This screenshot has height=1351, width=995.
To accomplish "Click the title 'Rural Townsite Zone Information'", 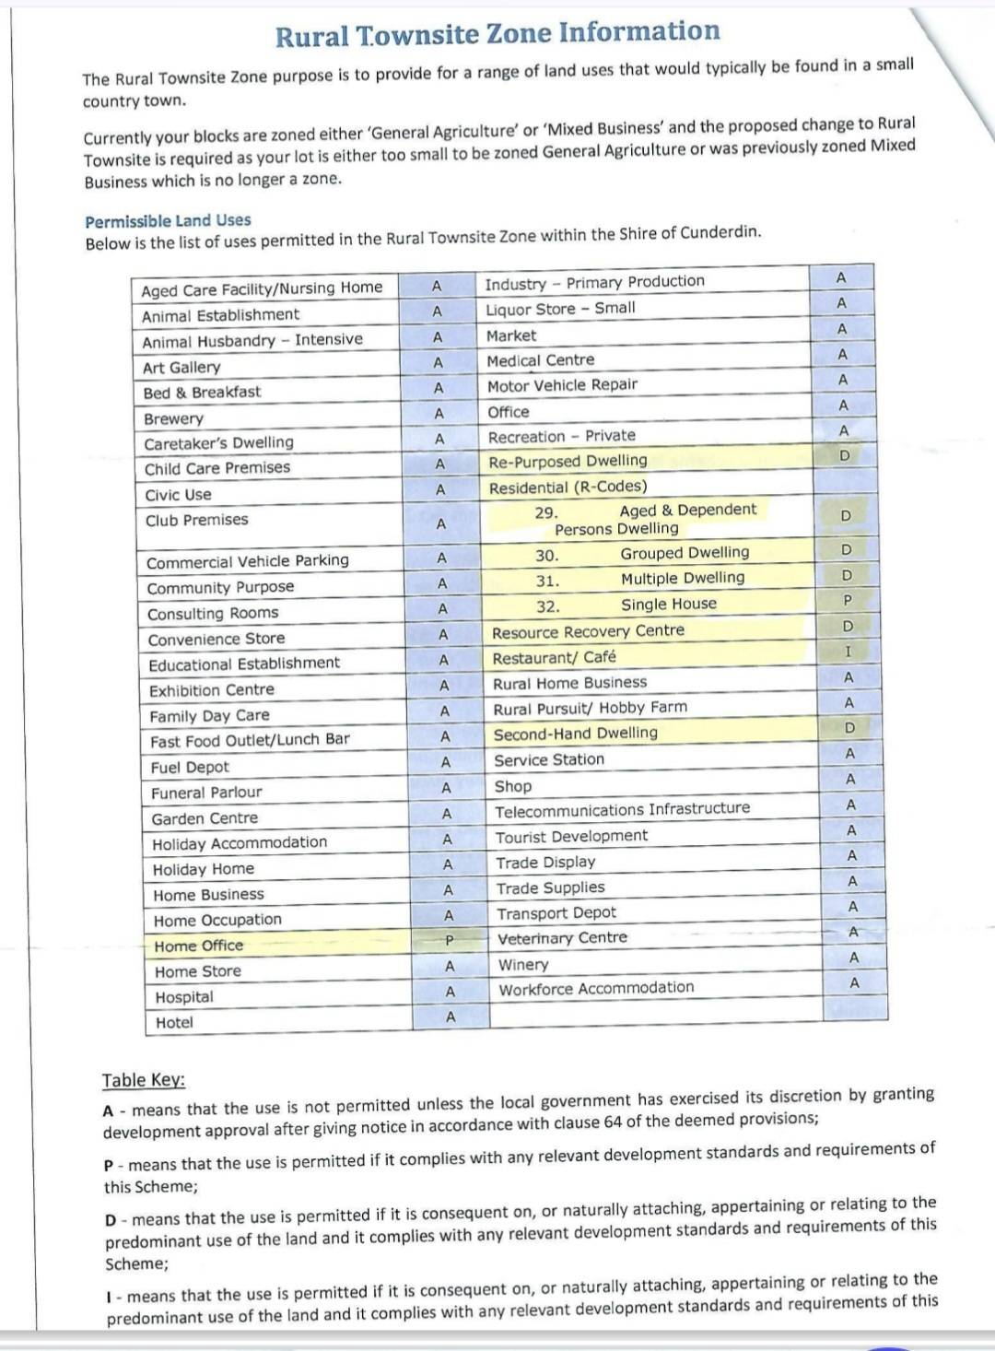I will (497, 34).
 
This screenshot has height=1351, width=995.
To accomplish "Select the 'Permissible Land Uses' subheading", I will (168, 221).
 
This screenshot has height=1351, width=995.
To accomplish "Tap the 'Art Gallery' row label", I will (181, 368).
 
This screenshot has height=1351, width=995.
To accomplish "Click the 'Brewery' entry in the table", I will (173, 418).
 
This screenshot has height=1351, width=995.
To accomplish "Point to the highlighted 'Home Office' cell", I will (199, 946).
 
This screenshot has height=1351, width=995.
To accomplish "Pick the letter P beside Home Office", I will (449, 941).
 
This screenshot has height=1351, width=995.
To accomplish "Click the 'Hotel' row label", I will (174, 1022).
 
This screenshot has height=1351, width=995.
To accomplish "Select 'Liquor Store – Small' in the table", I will (560, 309).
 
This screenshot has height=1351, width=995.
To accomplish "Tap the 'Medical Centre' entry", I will (541, 360).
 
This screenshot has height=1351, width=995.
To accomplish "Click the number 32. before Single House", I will (548, 606).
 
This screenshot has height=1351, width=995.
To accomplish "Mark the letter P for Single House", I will (848, 601).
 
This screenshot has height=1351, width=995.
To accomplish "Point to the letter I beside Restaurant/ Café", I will (849, 652).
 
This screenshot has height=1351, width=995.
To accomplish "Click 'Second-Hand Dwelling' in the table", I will (576, 734).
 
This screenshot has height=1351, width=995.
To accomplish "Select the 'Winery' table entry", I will (523, 965).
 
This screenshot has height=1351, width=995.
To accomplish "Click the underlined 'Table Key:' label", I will (144, 1080).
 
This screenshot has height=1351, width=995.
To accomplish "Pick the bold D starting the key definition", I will (111, 1220).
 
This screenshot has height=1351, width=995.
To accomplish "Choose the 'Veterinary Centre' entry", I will (562, 938).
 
